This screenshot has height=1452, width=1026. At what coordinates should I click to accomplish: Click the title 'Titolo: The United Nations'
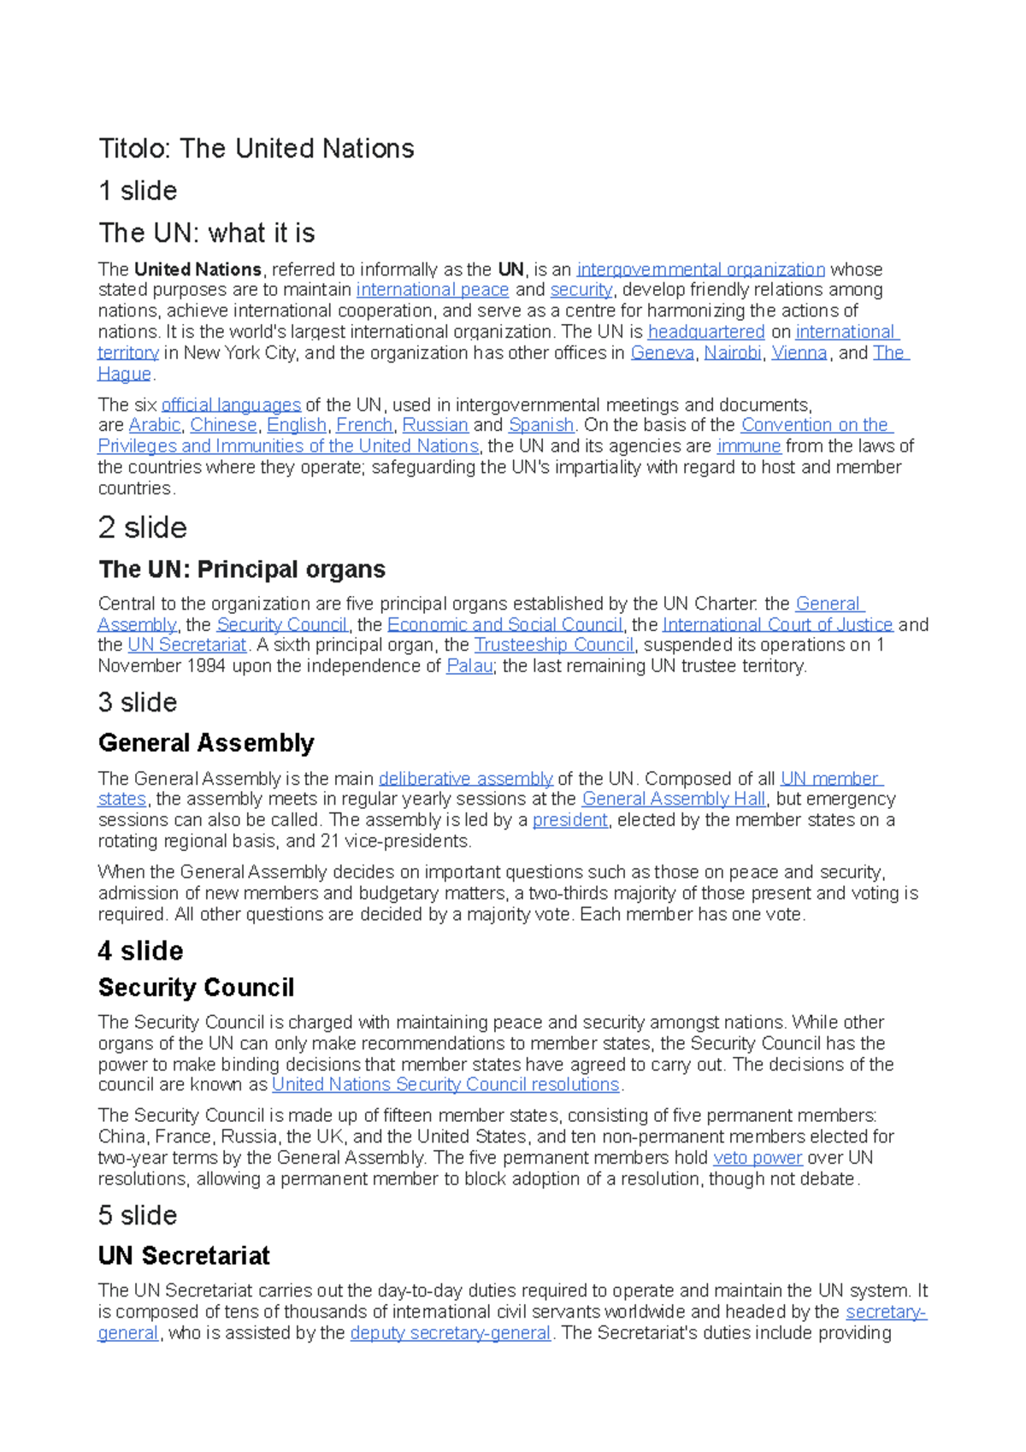tap(256, 149)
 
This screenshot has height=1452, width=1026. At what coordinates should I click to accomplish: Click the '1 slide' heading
tap(138, 191)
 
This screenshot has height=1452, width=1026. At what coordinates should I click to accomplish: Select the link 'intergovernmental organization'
tap(700, 269)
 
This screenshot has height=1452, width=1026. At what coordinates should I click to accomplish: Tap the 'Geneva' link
tap(662, 353)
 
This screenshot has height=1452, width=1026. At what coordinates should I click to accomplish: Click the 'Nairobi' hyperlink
tap(732, 353)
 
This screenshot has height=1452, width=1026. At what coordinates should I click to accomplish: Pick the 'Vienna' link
tap(799, 353)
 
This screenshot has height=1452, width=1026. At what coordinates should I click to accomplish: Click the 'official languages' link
tap(231, 404)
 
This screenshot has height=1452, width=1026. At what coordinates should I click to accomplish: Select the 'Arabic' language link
tap(155, 425)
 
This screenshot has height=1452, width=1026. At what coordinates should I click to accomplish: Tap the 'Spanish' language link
tap(540, 425)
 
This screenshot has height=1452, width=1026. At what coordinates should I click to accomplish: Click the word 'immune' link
tap(749, 446)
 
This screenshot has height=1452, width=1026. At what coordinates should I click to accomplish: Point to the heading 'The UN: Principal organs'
tap(242, 570)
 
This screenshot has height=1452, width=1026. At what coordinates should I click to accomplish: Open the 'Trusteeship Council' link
tap(554, 645)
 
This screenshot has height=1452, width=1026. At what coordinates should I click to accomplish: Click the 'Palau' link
tap(469, 666)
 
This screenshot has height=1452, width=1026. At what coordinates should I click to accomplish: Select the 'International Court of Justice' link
tap(777, 625)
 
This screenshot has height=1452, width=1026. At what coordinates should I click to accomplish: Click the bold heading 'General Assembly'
tap(206, 743)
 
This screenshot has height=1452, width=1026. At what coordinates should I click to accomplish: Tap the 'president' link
tap(569, 820)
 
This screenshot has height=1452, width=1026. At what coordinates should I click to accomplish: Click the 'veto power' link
tap(758, 1158)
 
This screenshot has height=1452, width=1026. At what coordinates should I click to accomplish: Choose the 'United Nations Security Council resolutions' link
tap(445, 1085)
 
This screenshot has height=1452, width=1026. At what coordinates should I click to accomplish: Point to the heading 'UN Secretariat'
tap(184, 1256)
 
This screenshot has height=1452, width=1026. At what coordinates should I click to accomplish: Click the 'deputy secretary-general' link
tap(450, 1333)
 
